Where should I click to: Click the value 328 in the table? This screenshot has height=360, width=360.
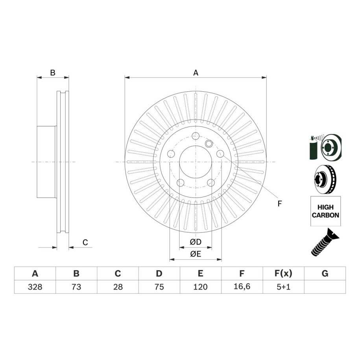point(35,287)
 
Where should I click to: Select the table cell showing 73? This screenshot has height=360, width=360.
point(76,287)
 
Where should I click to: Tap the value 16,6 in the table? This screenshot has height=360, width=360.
point(242,286)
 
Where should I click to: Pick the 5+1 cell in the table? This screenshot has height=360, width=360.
point(283,287)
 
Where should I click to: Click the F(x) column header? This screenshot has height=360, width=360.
point(283,273)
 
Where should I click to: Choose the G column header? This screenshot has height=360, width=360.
point(325,273)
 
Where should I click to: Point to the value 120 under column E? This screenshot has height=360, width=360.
point(200,287)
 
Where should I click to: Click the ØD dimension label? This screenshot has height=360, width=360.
point(196,242)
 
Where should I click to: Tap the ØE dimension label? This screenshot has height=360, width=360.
point(196,254)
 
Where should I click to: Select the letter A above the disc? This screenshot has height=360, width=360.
point(196,73)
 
